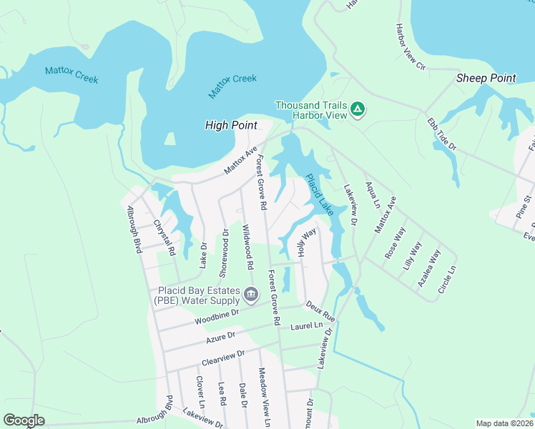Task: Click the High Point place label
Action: coord(231,125)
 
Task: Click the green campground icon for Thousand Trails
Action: coord(358,110)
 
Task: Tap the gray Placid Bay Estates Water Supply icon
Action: coord(251,294)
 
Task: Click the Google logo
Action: coord(24,420)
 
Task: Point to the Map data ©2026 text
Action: coord(504,423)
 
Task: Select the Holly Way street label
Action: coord(306,242)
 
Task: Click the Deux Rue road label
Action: coord(320,310)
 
